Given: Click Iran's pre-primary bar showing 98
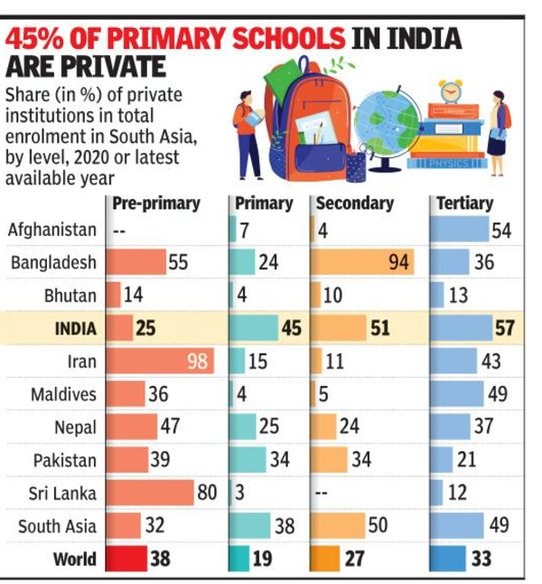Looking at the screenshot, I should [161, 362].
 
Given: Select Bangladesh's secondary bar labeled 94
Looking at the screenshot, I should [362, 262].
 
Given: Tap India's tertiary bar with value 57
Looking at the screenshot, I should [473, 327].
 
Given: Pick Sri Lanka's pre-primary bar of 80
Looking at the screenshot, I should [151, 493].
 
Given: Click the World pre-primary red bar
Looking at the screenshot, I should [126, 559].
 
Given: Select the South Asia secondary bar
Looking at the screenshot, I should [339, 525].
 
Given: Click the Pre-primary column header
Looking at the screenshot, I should [155, 203].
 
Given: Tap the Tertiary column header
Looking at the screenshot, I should [464, 203].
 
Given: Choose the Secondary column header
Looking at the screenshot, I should [355, 203].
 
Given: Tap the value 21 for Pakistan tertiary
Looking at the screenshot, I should [466, 460].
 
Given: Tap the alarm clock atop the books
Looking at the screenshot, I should [451, 90].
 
